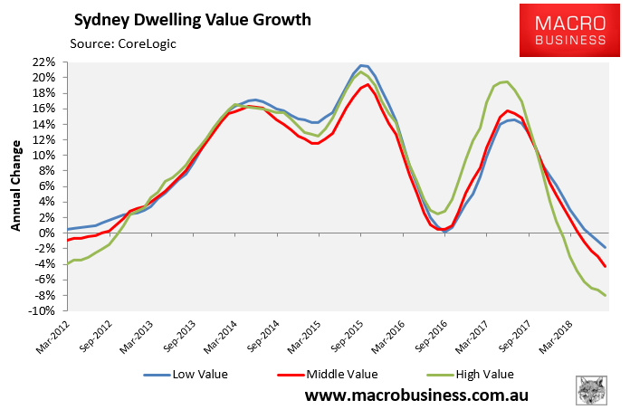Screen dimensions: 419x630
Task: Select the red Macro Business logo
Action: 558,33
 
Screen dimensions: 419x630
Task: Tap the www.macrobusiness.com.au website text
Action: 416,395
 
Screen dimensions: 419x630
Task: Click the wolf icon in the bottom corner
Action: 592,391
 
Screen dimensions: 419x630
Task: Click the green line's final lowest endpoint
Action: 606,296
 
